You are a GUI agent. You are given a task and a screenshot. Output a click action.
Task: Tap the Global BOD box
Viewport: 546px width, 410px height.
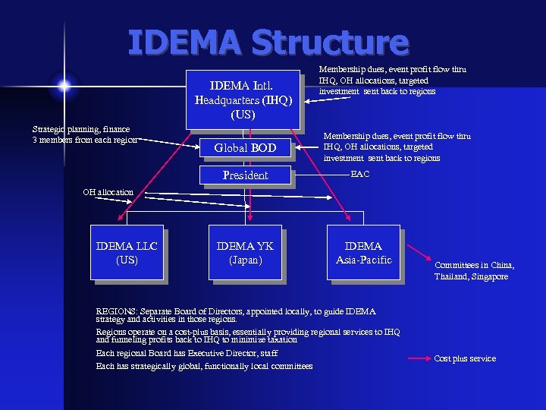[245, 148]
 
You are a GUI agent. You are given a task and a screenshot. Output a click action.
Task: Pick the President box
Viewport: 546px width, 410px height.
[245, 175]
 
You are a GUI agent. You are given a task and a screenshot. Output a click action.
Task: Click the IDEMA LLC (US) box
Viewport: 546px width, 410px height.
[127, 253]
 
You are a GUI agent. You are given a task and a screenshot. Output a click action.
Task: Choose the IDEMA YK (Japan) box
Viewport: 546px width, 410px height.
[245, 253]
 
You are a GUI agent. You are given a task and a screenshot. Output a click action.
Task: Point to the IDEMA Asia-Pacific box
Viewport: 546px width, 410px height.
[363, 253]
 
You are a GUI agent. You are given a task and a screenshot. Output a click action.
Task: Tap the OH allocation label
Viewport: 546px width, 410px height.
[108, 192]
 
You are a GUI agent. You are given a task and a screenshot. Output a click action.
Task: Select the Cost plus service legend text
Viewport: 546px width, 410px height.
[465, 358]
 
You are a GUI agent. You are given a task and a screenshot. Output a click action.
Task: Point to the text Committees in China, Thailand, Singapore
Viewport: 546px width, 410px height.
[474, 271]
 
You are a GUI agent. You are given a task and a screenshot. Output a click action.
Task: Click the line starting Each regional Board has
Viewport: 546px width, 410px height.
[187, 353]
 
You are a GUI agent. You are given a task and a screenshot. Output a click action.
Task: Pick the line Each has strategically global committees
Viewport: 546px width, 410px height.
[204, 366]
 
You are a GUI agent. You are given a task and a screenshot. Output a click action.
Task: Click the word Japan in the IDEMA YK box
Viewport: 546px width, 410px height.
[245, 260]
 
